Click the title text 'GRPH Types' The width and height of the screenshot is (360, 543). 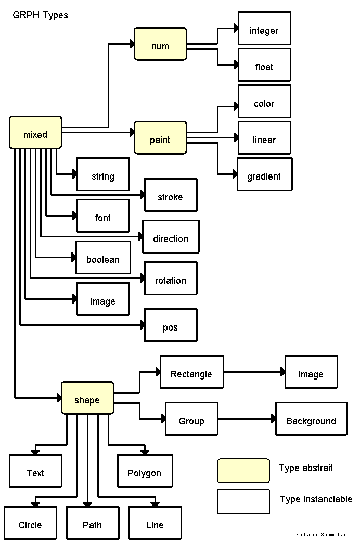(x=40, y=15)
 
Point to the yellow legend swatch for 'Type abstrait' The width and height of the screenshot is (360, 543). (x=243, y=471)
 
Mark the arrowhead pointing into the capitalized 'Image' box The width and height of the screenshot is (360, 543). (x=282, y=372)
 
